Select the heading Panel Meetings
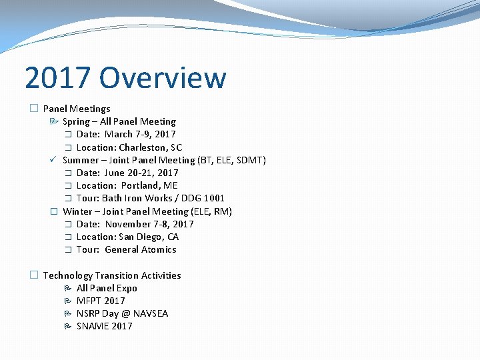(77, 109)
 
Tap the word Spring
(76, 121)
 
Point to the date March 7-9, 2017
(140, 134)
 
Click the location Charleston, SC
(150, 147)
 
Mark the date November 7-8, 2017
(149, 224)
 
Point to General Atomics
(141, 249)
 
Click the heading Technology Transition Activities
(112, 275)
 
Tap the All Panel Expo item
(107, 288)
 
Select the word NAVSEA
(151, 313)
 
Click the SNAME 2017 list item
(105, 326)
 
